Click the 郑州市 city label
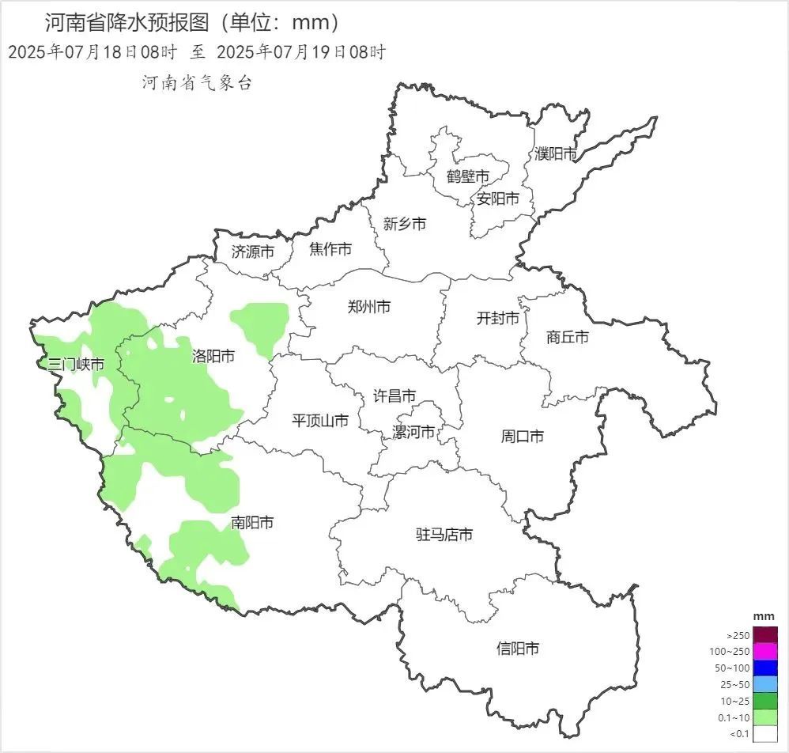coord(369,308)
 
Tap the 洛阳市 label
coord(213,357)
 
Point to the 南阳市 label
coord(252,523)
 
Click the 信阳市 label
coord(518,649)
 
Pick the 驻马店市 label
coord(444,535)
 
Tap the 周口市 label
coord(523,437)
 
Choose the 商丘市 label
coord(568,338)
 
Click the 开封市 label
coord(498,319)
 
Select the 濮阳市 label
coord(556,154)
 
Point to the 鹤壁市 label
coord(467,176)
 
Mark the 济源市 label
coord(253,252)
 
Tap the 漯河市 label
coord(413,433)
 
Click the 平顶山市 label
coord(320,421)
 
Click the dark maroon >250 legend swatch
coord(765,635)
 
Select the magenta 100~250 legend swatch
coord(765,652)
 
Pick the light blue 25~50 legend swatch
coord(765,684)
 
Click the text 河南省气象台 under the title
coord(197,83)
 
